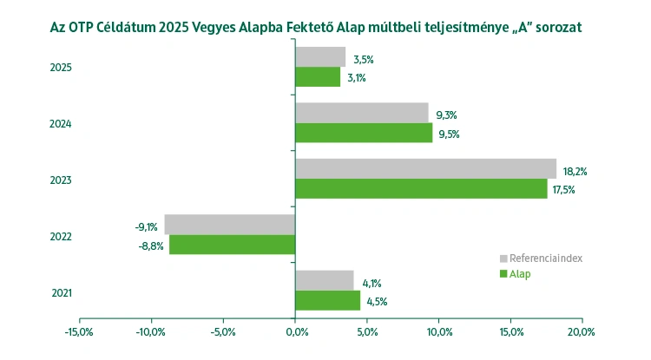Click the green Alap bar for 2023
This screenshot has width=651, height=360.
coord(421,189)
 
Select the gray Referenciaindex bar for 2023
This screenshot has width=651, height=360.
coord(425,168)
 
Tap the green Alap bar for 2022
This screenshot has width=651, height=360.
coord(232,245)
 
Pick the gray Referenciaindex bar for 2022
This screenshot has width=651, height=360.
coord(230,225)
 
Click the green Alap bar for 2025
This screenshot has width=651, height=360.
coord(318,77)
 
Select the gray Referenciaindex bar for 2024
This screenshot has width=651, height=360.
coord(362,113)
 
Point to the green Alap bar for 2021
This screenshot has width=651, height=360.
coord(327,301)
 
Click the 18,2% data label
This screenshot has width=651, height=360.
coord(575,171)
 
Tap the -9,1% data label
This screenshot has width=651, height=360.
coord(146,227)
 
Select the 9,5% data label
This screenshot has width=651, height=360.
coord(448,134)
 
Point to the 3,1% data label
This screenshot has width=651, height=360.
coord(356,78)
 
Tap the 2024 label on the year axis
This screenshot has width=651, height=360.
coord(60,123)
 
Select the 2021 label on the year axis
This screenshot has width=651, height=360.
coord(60,292)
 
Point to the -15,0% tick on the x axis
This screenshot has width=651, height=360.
coord(79,331)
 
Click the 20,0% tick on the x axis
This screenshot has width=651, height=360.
coord(582,331)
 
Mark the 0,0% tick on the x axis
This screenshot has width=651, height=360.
coord(295,331)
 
